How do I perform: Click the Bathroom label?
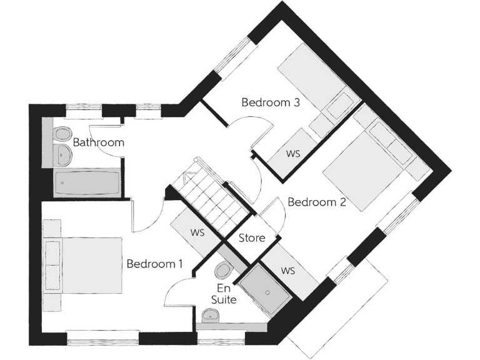[99, 142]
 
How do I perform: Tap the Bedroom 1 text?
[154, 264]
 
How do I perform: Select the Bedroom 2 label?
[316, 202]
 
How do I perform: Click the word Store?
[252, 238]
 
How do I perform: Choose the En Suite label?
[223, 294]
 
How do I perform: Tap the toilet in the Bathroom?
[62, 134]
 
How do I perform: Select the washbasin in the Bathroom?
[61, 154]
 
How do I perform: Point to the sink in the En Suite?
[213, 318]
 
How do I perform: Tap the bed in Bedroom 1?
[84, 265]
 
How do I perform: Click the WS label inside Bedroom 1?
[198, 233]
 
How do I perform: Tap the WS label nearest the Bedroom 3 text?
[292, 153]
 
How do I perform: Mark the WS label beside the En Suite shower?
[287, 271]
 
